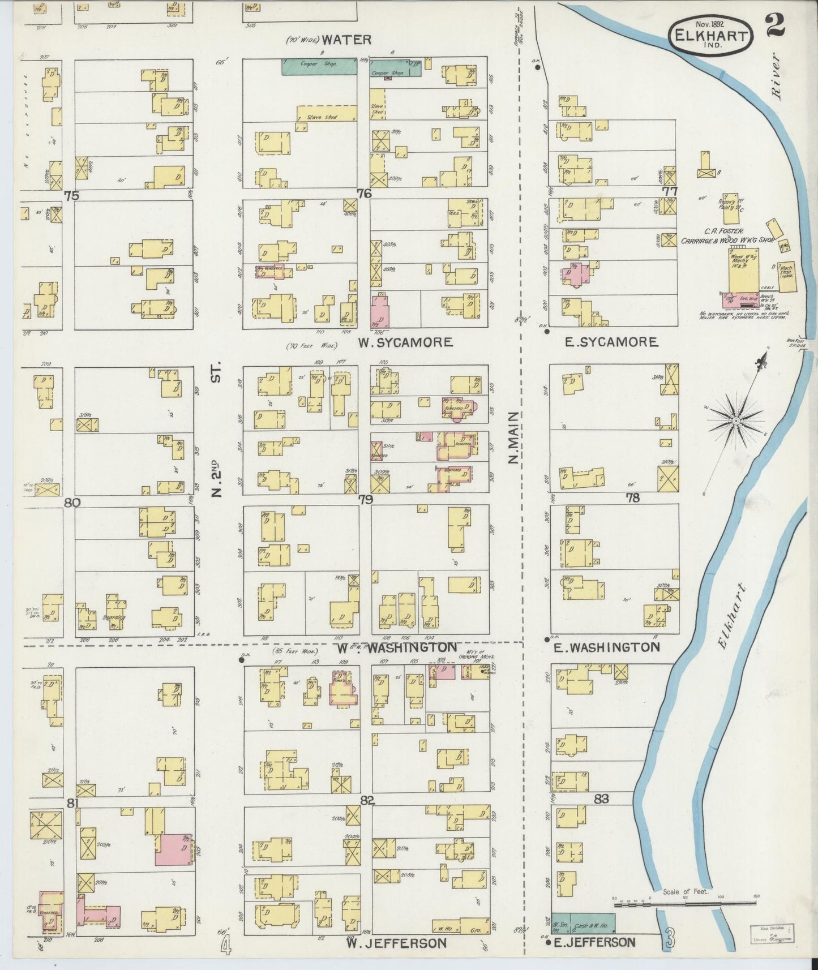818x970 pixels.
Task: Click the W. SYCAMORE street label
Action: point(405,342)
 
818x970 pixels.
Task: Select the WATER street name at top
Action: point(346,40)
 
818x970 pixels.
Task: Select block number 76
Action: point(363,194)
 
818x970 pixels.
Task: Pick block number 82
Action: point(367,800)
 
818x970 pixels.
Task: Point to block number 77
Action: point(670,191)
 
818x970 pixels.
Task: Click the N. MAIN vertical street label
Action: point(513,438)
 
